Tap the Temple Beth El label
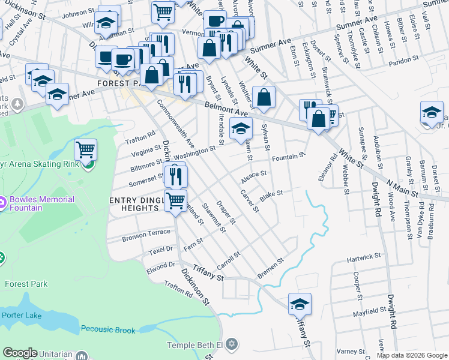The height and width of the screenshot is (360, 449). click(x=194, y=344)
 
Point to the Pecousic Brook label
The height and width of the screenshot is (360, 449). click(x=109, y=329)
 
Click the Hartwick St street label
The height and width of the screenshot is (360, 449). click(x=364, y=258)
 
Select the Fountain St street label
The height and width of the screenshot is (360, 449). click(x=289, y=158)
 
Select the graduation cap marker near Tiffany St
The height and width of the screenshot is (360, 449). click(x=300, y=304)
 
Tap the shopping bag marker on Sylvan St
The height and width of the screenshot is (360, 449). click(x=264, y=97)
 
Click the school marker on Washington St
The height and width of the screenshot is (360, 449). click(x=241, y=128)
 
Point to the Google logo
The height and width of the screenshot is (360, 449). click(x=20, y=353)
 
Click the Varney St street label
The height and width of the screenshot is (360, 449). click(x=347, y=350)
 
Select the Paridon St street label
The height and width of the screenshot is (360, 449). click(x=403, y=61)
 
